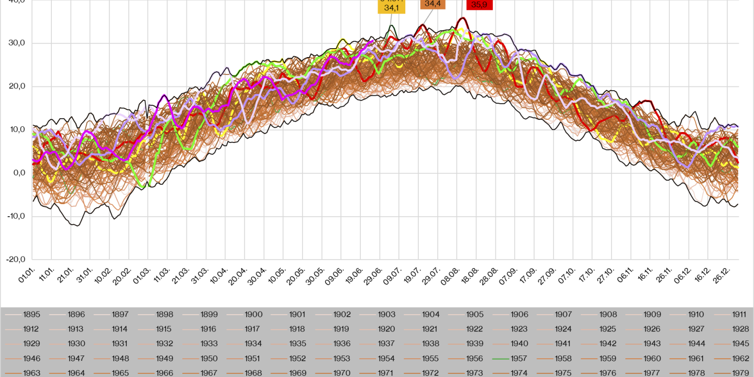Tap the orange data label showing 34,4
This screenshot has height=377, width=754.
[x=433, y=4]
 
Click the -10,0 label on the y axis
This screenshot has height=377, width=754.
[x=16, y=216]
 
